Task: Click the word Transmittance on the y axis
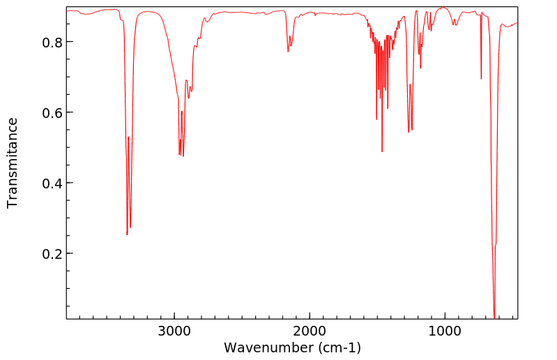tap(13, 163)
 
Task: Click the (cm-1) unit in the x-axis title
tap(339, 347)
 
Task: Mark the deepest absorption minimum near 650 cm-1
tap(494, 317)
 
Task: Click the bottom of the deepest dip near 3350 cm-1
tap(127, 234)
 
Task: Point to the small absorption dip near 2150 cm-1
tap(288, 51)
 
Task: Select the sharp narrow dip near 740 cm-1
tap(481, 79)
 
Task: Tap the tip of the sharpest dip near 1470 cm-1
tap(382, 151)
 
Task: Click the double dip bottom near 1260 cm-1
tap(409, 132)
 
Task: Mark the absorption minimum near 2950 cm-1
tap(180, 155)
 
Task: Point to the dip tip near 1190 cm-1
tap(419, 54)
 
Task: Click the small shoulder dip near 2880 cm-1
tap(189, 98)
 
